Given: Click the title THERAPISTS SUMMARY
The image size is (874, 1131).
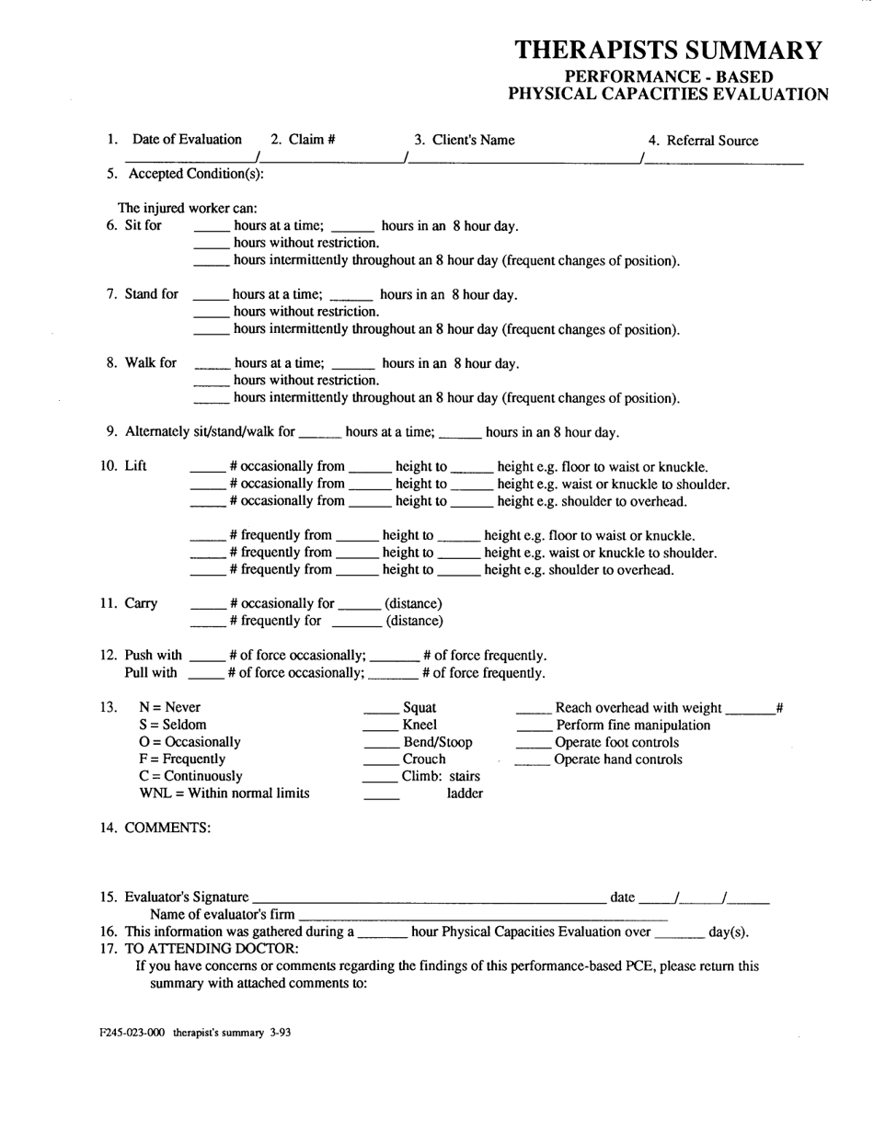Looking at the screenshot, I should coord(668,50).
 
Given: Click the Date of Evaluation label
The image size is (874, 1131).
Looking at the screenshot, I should coord(187,140).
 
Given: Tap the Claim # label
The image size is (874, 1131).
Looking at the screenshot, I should coord(303,140).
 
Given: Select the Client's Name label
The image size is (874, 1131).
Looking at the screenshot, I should coord(464,140).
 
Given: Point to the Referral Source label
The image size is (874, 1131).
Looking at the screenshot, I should coord(703,141).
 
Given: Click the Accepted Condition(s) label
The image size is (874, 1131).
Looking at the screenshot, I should coord(195,174).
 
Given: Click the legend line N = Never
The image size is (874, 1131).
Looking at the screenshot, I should coord(169,707).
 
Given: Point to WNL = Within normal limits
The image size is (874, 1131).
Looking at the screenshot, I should coord(224,793).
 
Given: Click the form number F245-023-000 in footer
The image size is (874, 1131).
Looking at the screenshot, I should coord(132,1033).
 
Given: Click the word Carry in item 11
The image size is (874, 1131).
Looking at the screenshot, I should coord(141,603).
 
